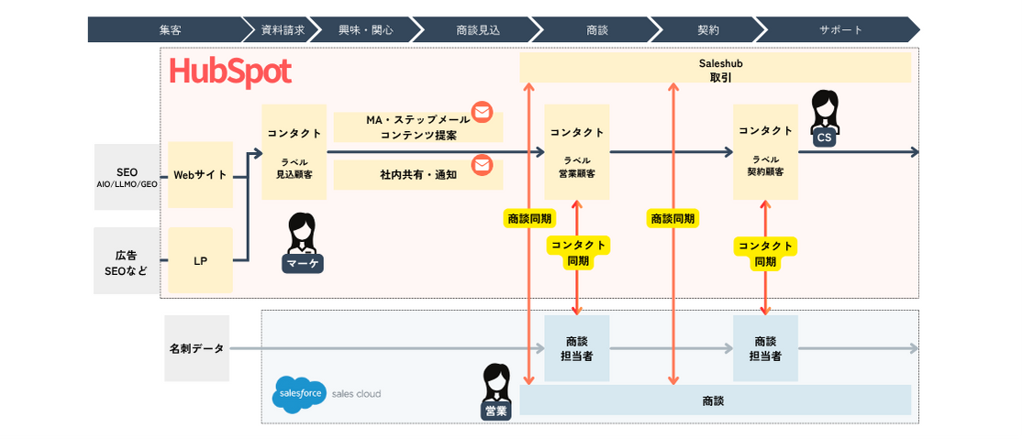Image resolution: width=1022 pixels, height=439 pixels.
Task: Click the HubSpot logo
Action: [230, 72]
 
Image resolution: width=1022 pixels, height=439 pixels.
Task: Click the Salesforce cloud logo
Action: [299, 393]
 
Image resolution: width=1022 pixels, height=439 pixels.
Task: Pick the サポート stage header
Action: [840, 29]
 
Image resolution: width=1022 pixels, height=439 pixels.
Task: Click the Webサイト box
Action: [200, 175]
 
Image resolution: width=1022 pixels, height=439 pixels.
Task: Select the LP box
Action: [200, 261]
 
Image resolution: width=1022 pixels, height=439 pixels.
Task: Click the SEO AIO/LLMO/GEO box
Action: [127, 177]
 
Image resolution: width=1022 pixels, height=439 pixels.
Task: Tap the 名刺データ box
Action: [196, 349]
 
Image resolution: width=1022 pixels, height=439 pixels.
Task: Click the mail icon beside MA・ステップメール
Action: [482, 113]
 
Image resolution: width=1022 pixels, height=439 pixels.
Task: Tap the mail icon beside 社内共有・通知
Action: [482, 165]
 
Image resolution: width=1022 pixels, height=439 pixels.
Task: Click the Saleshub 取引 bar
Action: [716, 68]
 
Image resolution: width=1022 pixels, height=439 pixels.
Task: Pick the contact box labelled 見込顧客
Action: [294, 152]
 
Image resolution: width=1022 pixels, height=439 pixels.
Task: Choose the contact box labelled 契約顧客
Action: [765, 152]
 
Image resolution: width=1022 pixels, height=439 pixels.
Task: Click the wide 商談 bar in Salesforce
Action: [716, 401]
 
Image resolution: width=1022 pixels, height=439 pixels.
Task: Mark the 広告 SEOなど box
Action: [127, 261]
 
